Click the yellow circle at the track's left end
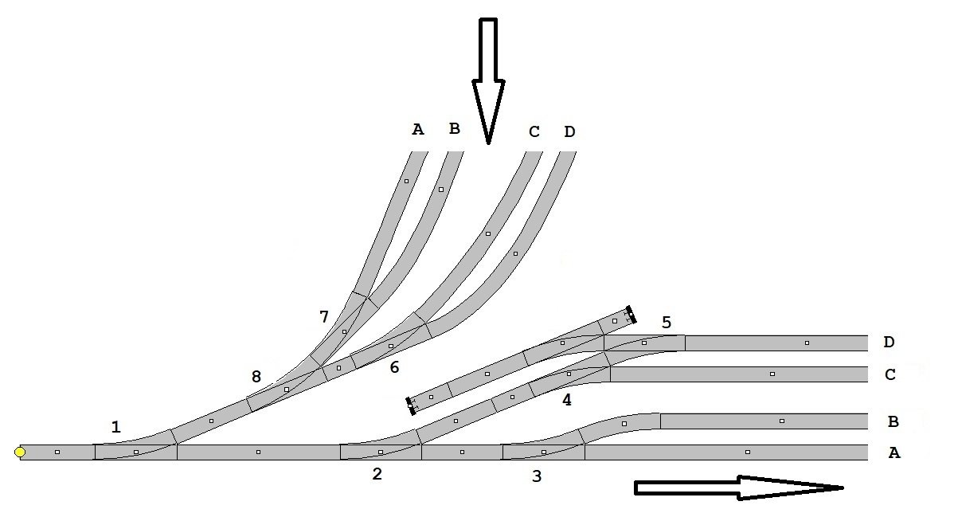coord(20,452)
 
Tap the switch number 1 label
coord(116,428)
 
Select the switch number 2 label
coord(377,474)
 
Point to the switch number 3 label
coord(537,477)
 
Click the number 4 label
coord(567,401)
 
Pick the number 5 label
coord(667,323)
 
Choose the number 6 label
coord(394,367)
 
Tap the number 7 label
coord(324,317)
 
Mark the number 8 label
coord(256,377)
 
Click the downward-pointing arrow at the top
coord(488,80)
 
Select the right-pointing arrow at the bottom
coord(737,488)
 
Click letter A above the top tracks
coord(418,129)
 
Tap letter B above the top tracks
coord(455,128)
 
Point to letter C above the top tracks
coord(534,131)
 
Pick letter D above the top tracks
coord(569,131)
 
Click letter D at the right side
coord(889,343)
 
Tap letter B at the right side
coord(893,421)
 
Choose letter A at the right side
coord(894,452)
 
